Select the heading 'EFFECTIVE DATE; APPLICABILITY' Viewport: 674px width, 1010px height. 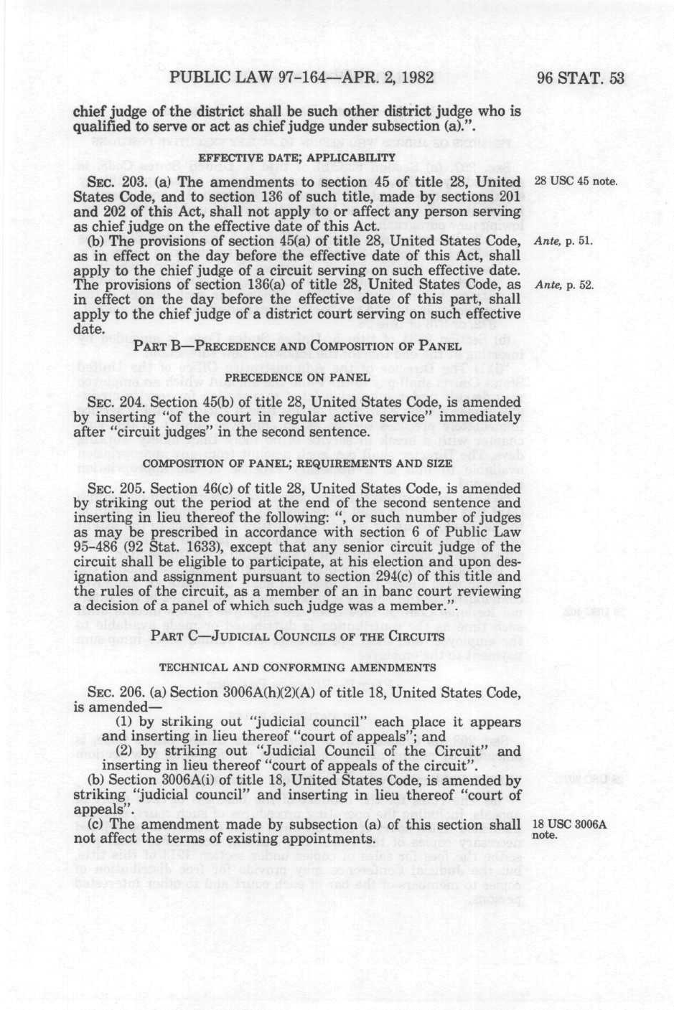click(297, 157)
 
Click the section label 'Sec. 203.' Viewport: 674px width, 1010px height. click(108, 180)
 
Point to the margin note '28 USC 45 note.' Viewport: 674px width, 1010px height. click(576, 180)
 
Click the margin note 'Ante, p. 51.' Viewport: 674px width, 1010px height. click(563, 241)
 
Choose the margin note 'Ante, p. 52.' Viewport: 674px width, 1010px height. click(563, 285)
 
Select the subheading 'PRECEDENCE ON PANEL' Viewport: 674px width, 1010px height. click(297, 377)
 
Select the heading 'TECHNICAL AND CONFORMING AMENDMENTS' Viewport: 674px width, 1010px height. click(297, 667)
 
